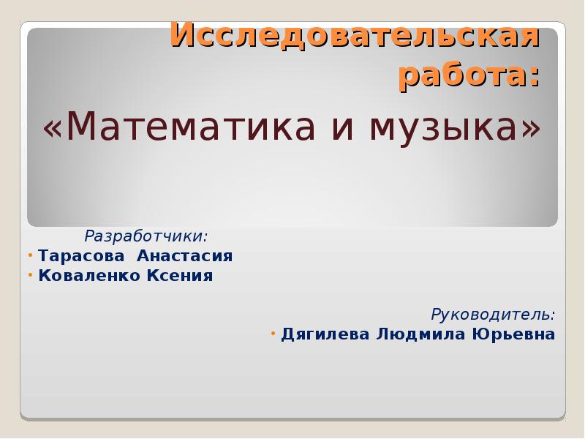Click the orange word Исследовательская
point(355,36)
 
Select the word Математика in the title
point(190,126)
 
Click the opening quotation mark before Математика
point(53,130)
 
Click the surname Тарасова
point(81,256)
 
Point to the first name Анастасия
point(185,256)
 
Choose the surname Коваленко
point(89,276)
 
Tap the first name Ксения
point(179,276)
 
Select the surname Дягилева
point(325,334)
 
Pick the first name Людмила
point(421,334)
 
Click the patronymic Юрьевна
point(514,334)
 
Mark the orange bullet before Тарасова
point(31,255)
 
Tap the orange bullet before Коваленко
point(31,276)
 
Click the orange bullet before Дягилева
point(273,333)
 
